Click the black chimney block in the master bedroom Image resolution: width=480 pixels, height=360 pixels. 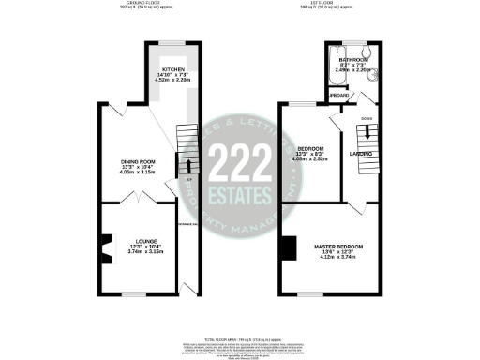click(283, 249)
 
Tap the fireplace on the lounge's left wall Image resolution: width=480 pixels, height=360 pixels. click(105, 249)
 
